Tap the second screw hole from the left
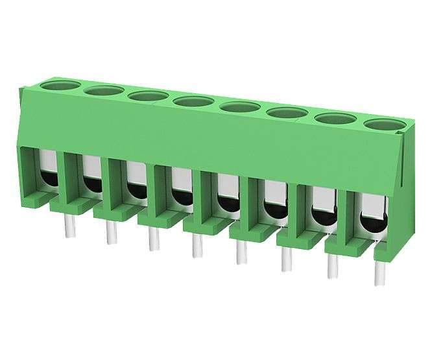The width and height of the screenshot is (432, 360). (x=103, y=90)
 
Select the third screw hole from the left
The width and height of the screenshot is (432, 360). (x=149, y=96)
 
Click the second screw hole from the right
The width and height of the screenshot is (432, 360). (x=335, y=118)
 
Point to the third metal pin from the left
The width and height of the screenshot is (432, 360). (x=152, y=238)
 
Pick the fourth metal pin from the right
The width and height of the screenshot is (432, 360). (x=241, y=252)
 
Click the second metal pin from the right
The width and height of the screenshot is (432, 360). (x=332, y=267)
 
